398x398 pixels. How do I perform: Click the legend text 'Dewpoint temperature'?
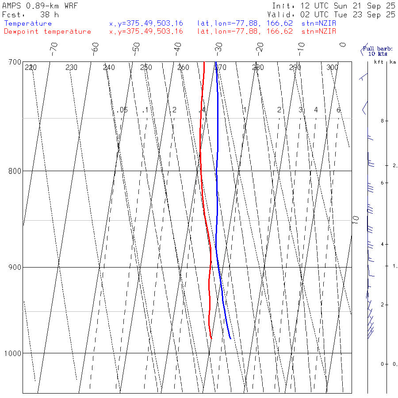tap(47, 31)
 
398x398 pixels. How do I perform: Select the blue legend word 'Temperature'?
tap(28, 23)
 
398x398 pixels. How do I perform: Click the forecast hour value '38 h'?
tap(50, 15)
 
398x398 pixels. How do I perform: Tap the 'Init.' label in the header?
tap(283, 6)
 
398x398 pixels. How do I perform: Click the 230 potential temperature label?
tap(71, 68)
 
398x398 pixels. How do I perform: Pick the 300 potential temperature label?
tap(332, 68)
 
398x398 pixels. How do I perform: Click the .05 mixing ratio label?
tap(122, 110)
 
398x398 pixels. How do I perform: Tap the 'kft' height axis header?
tap(379, 62)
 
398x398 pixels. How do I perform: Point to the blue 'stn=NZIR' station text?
tap(318, 23)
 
